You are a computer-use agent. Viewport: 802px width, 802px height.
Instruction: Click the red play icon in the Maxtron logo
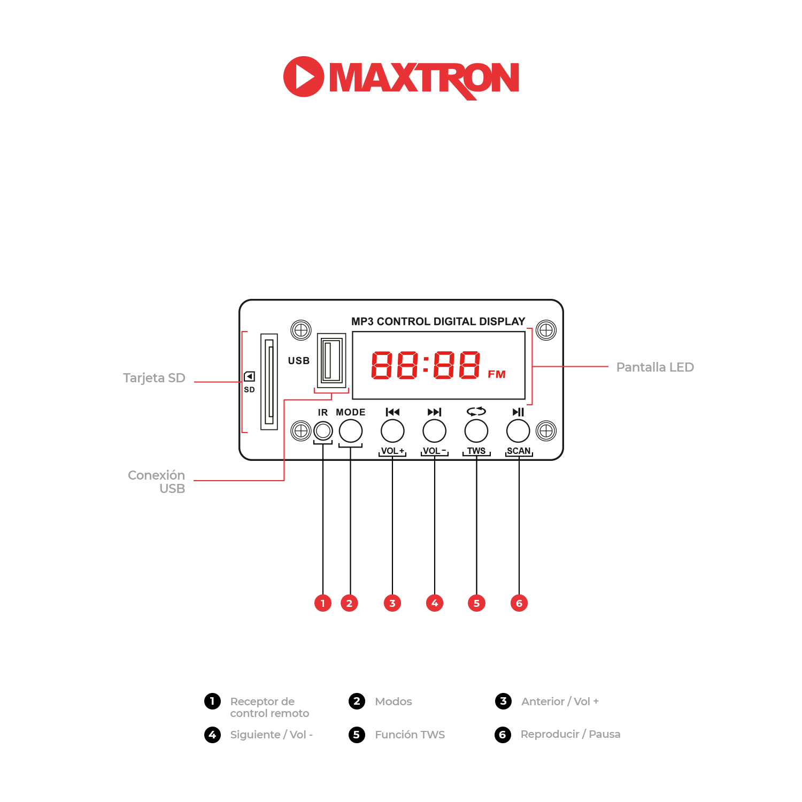click(304, 76)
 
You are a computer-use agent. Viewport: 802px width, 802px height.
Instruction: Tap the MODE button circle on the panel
click(351, 430)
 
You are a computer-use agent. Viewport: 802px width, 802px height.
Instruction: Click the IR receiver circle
click(323, 430)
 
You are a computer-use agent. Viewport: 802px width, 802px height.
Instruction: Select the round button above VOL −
click(434, 430)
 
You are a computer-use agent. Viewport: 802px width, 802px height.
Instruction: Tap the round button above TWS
click(476, 430)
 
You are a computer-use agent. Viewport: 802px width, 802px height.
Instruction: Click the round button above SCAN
click(518, 430)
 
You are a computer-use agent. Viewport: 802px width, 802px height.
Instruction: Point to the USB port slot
click(331, 360)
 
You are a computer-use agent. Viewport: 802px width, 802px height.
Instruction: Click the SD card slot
click(269, 381)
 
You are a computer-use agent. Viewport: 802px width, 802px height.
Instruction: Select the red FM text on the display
click(497, 374)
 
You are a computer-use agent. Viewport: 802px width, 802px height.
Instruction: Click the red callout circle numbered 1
click(323, 603)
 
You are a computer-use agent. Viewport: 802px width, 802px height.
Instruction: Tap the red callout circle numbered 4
click(435, 603)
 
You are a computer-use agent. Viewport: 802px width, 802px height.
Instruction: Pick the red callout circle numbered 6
click(519, 603)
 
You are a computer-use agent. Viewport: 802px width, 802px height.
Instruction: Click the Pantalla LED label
click(655, 367)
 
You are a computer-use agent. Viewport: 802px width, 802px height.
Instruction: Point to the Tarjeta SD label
click(154, 378)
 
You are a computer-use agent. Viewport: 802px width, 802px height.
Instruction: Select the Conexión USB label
click(157, 482)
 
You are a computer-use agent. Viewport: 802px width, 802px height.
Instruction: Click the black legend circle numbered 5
click(357, 734)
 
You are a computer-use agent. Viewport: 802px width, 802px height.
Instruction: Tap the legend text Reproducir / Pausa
click(570, 734)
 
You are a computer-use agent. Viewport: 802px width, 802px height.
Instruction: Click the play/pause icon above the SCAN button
click(518, 412)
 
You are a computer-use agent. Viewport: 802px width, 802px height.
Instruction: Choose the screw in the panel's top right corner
click(546, 330)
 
